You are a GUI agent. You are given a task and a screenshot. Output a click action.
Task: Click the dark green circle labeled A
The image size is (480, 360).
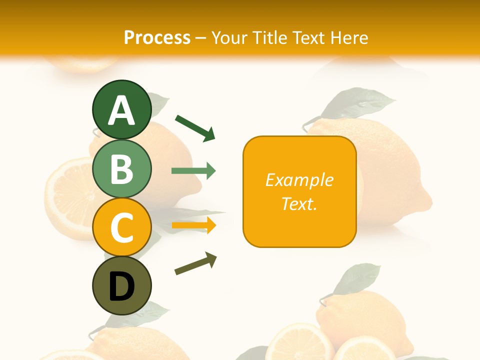coord(121,109)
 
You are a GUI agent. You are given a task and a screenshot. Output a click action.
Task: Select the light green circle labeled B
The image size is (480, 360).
coord(121,168)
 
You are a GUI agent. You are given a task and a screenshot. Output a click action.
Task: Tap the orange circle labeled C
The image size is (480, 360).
coord(121,227)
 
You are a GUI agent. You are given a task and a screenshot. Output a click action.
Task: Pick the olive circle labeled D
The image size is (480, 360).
coord(121,286)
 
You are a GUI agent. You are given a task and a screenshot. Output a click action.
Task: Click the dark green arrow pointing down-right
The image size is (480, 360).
coord(195,128)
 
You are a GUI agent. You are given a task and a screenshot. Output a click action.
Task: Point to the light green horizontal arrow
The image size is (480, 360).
coord(193,171)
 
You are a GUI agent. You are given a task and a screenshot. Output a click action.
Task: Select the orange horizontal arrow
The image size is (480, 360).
coord(193,225)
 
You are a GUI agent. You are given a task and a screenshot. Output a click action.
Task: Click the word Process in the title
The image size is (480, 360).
coord(157,37)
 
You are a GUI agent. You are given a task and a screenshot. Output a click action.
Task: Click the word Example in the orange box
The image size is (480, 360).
coord(299,180)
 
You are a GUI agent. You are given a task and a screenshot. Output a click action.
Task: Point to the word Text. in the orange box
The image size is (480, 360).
coord(299,203)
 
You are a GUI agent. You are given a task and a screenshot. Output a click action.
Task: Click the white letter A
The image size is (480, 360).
coord(121,110)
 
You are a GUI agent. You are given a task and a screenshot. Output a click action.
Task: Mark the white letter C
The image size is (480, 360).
coord(121,228)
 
